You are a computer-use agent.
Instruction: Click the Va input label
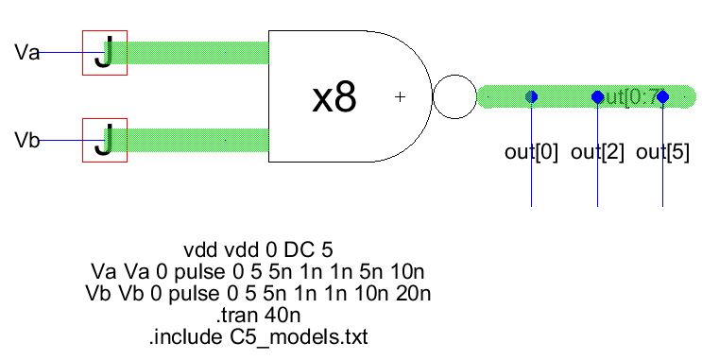26,52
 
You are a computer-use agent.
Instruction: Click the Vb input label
26,142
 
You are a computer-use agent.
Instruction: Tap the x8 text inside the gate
334,97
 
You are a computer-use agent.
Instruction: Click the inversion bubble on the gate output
454,96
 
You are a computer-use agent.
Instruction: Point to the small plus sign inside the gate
400,96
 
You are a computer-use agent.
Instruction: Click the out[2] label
598,153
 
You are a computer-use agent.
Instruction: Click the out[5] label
662,153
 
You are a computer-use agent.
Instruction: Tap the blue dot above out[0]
531,96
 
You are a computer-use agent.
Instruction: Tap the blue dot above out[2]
597,96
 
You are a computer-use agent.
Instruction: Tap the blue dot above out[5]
662,96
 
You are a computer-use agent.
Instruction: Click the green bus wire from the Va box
198,52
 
